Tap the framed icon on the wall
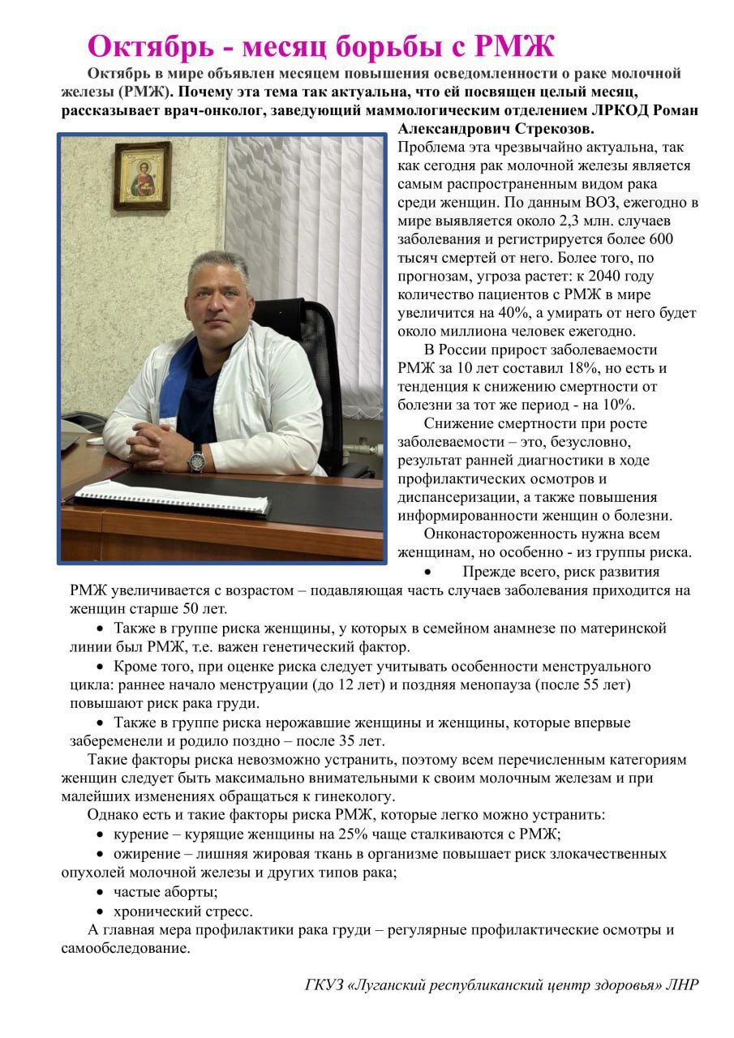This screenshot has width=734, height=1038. (142, 176)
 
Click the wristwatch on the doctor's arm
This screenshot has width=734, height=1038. (195, 458)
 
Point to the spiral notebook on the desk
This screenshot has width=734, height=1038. (172, 496)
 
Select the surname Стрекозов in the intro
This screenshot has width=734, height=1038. (554, 129)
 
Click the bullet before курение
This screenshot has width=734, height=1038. (100, 834)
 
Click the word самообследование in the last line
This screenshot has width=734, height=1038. (126, 948)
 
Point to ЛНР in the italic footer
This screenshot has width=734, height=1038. (681, 985)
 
